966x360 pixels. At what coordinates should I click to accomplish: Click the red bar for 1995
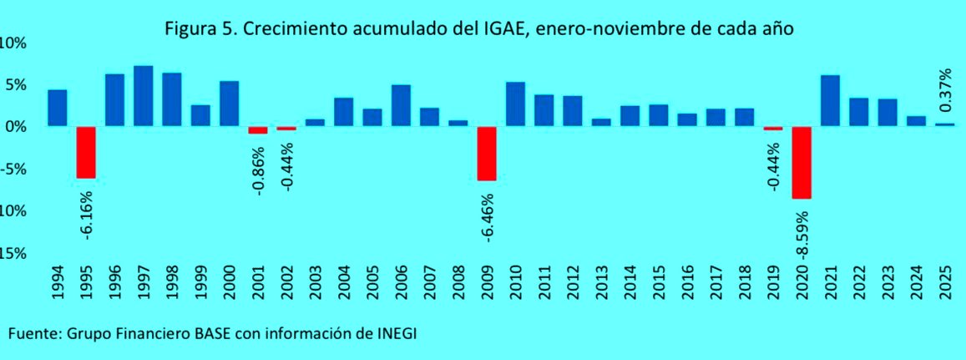coord(86,152)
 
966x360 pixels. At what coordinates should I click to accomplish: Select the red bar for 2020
coord(802,163)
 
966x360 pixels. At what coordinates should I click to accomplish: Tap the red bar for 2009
coord(487,154)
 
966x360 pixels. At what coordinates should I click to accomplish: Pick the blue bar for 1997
coord(143,95)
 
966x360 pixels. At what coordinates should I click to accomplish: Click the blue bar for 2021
coord(830,100)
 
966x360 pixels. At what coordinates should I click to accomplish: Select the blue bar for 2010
coord(515,104)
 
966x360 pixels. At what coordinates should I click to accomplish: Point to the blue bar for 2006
coord(401,105)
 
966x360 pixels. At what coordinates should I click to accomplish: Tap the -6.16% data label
coord(87,215)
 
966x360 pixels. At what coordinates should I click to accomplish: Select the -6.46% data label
coord(488,218)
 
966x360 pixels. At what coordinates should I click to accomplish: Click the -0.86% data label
coord(259,170)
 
